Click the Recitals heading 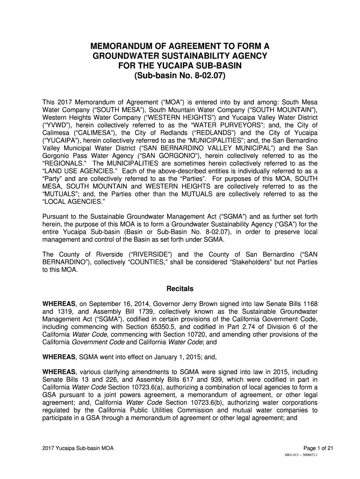[180, 289]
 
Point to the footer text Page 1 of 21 [318, 449]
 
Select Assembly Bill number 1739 [140, 312]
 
